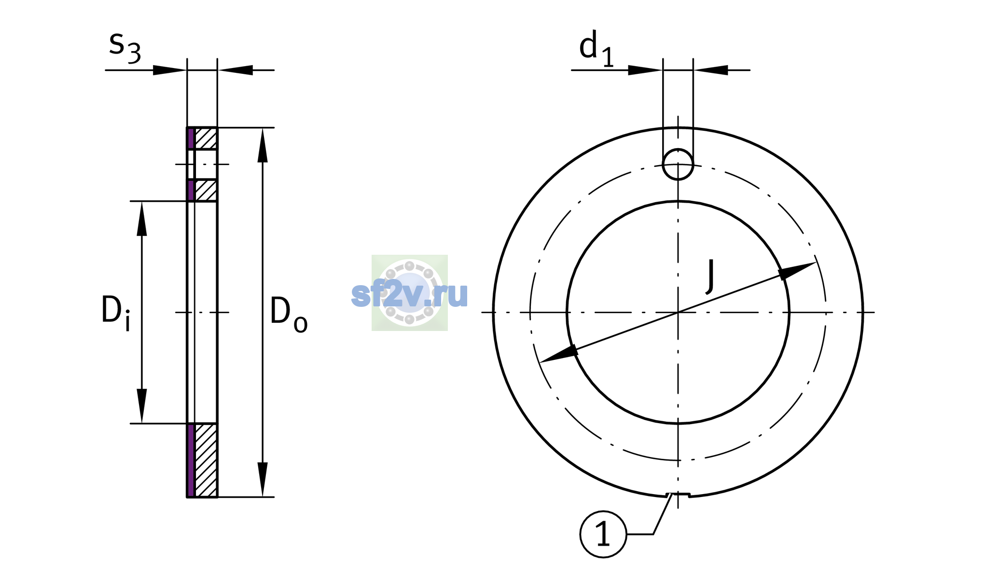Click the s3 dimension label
125,47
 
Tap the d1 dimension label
597,48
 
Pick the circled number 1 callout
603,534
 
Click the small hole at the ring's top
678,164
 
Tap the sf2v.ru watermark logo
410,293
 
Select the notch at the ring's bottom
678,495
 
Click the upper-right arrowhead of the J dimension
796,271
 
